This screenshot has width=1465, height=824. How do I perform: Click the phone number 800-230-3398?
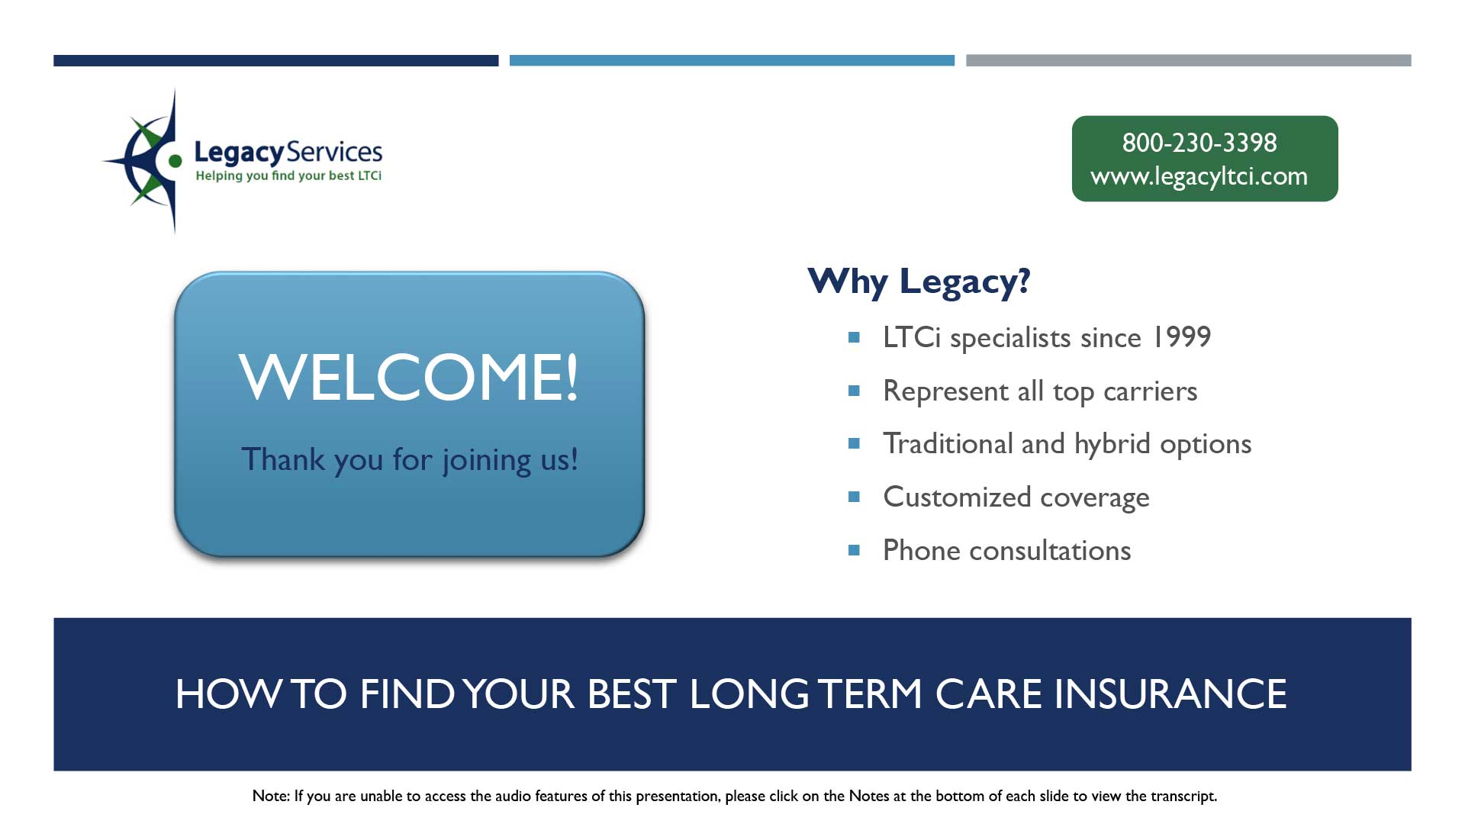[x=1199, y=143]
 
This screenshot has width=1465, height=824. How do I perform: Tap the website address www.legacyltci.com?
[x=1199, y=176]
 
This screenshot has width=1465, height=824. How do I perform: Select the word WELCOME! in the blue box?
[x=409, y=376]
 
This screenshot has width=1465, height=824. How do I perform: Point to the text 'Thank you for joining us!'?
[x=410, y=460]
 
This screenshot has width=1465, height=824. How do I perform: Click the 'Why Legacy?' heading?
[x=919, y=282]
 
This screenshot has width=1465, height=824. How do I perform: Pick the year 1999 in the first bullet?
[x=1180, y=336]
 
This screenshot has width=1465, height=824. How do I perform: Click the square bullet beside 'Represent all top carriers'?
[x=854, y=391]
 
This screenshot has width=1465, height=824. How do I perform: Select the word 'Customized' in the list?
[x=957, y=497]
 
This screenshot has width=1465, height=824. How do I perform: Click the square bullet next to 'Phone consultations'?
[x=854, y=550]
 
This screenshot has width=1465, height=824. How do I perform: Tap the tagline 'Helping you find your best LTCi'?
[x=288, y=175]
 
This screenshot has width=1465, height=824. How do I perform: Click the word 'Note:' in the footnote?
[x=271, y=796]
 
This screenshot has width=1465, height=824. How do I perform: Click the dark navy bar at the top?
[x=275, y=60]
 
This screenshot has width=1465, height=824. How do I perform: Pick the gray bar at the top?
[x=1189, y=60]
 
